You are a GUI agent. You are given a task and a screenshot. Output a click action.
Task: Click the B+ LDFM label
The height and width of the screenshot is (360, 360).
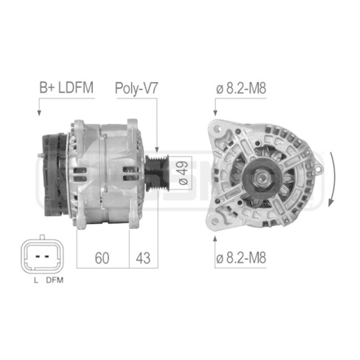66,88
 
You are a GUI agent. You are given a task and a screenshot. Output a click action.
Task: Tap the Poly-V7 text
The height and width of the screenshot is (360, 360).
136,89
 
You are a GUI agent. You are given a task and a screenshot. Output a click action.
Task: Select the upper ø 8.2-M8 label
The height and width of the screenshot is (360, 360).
241,88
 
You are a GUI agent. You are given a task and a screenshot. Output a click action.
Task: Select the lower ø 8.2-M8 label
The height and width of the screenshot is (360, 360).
241,258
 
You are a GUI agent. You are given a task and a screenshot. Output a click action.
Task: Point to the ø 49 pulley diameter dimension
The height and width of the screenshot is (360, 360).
184,173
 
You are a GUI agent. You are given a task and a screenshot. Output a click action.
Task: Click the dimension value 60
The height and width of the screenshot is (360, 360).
102,258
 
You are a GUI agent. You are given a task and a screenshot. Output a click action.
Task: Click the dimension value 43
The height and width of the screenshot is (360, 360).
143,258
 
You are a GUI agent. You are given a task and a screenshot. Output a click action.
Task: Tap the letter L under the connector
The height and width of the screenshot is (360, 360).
36,280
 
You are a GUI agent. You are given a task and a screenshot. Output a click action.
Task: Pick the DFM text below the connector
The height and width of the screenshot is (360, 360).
55,280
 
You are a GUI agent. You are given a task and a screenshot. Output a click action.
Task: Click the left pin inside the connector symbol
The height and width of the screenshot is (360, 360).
37,256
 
